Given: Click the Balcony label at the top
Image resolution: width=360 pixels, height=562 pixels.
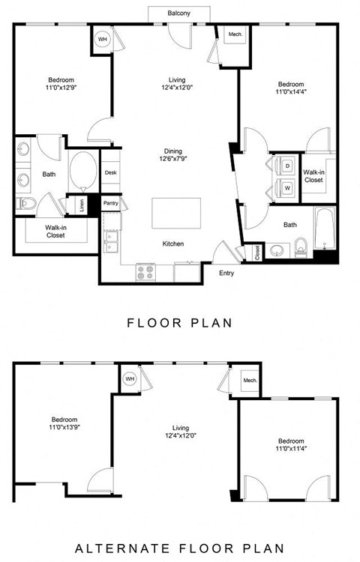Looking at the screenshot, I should pyautogui.click(x=178, y=13).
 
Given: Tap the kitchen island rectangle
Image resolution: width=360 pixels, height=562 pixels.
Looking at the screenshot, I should pyautogui.click(x=177, y=213).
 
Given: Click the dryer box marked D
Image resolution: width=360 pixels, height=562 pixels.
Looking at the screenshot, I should pyautogui.click(x=286, y=164).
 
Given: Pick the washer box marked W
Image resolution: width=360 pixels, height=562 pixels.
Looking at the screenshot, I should pyautogui.click(x=286, y=187).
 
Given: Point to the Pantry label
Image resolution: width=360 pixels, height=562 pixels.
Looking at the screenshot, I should pyautogui.click(x=110, y=203).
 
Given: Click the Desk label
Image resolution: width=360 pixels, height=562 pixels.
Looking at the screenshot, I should pyautogui.click(x=110, y=172).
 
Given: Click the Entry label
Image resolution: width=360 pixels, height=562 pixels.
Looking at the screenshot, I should pyautogui.click(x=226, y=274).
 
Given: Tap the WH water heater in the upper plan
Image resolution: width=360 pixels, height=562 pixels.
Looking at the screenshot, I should pyautogui.click(x=103, y=38).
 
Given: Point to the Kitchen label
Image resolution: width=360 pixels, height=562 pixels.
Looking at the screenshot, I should pyautogui.click(x=173, y=244).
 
